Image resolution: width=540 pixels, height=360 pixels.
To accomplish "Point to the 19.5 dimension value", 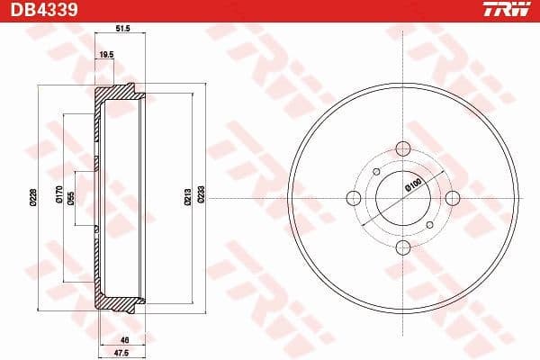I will tap(105, 54).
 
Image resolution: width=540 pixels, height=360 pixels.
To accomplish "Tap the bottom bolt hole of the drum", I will tap(403, 248).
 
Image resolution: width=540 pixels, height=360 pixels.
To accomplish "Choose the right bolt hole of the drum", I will tap(454, 198).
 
